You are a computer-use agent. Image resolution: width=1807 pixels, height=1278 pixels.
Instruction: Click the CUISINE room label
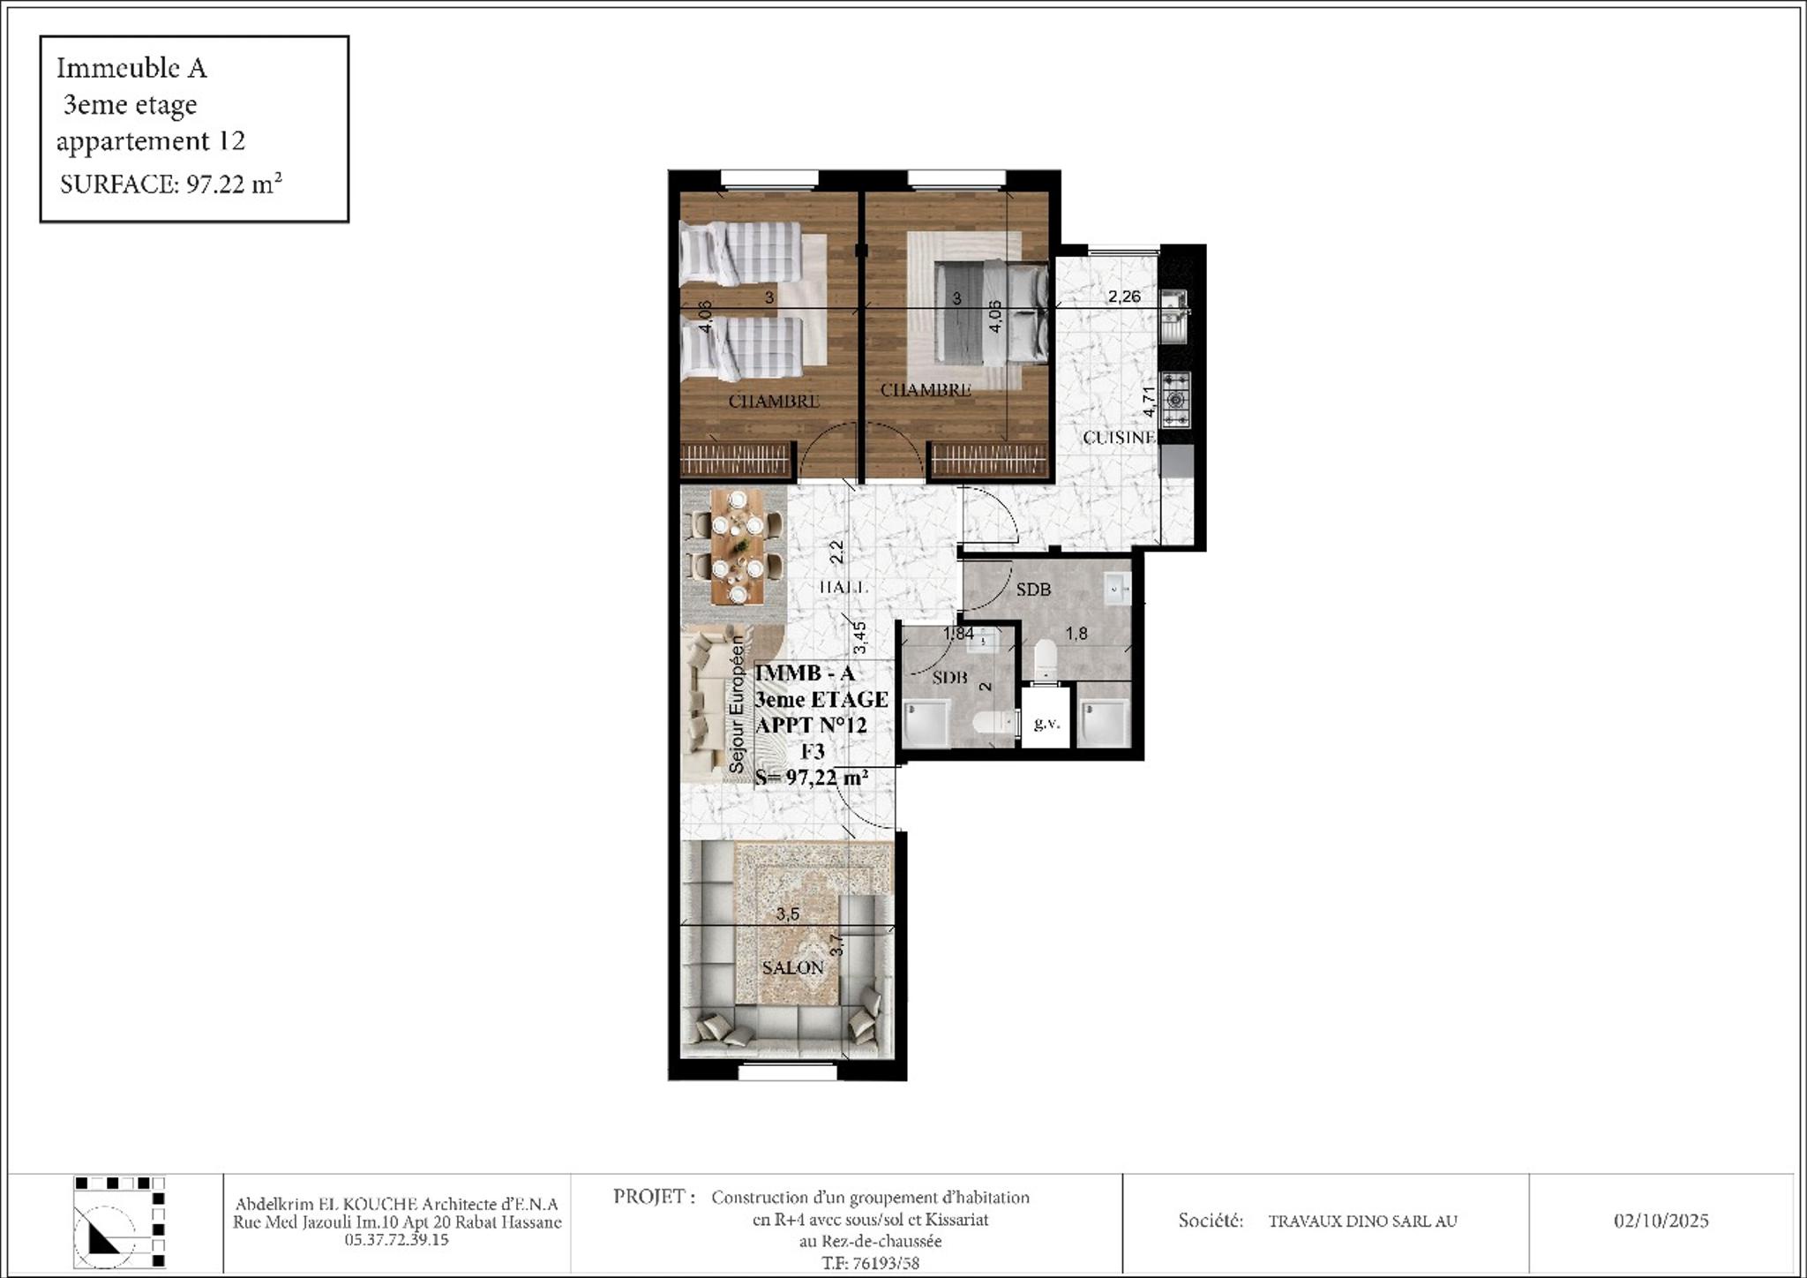point(1119,438)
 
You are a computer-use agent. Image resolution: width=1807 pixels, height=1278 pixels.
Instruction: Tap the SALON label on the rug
point(792,967)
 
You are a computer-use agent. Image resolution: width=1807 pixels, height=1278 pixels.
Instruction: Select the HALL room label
point(844,587)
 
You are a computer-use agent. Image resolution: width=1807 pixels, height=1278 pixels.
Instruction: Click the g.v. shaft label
point(1046,724)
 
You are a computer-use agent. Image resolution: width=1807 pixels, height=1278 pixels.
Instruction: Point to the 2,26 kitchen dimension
point(1124,297)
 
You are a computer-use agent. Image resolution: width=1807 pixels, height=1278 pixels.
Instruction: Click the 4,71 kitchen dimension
point(1149,402)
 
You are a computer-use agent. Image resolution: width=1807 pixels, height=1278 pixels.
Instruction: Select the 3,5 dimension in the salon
point(787,914)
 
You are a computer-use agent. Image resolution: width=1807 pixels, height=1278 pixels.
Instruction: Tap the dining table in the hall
point(738,547)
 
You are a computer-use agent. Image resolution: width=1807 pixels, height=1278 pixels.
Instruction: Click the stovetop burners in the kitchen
point(1175,398)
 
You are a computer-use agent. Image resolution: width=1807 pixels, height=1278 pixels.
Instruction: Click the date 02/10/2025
point(1661,1221)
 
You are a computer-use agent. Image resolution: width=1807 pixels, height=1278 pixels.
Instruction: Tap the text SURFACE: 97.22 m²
point(170,184)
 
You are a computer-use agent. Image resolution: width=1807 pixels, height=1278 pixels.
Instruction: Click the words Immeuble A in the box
point(131,68)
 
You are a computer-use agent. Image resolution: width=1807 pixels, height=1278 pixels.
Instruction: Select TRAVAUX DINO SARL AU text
point(1362,1222)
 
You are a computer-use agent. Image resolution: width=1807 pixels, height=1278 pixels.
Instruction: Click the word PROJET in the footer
point(649,1197)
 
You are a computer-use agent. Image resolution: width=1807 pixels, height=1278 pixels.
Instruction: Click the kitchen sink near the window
point(1174,313)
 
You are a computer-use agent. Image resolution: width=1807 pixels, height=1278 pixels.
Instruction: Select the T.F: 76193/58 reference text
point(870,1263)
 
